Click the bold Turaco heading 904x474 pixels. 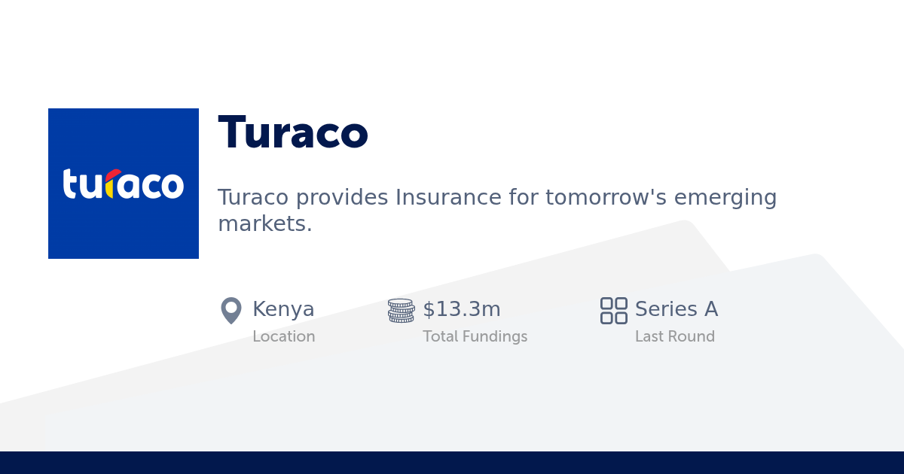293,133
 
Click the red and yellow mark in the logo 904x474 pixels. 110,183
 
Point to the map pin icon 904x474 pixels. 231,310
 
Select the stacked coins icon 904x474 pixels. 401,310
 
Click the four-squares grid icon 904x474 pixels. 613,310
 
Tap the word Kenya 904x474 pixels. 283,309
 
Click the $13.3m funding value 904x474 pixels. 462,309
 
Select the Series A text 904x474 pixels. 676,309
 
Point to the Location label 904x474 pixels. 284,336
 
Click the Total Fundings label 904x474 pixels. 475,336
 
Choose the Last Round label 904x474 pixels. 675,336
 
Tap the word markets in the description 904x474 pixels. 264,223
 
